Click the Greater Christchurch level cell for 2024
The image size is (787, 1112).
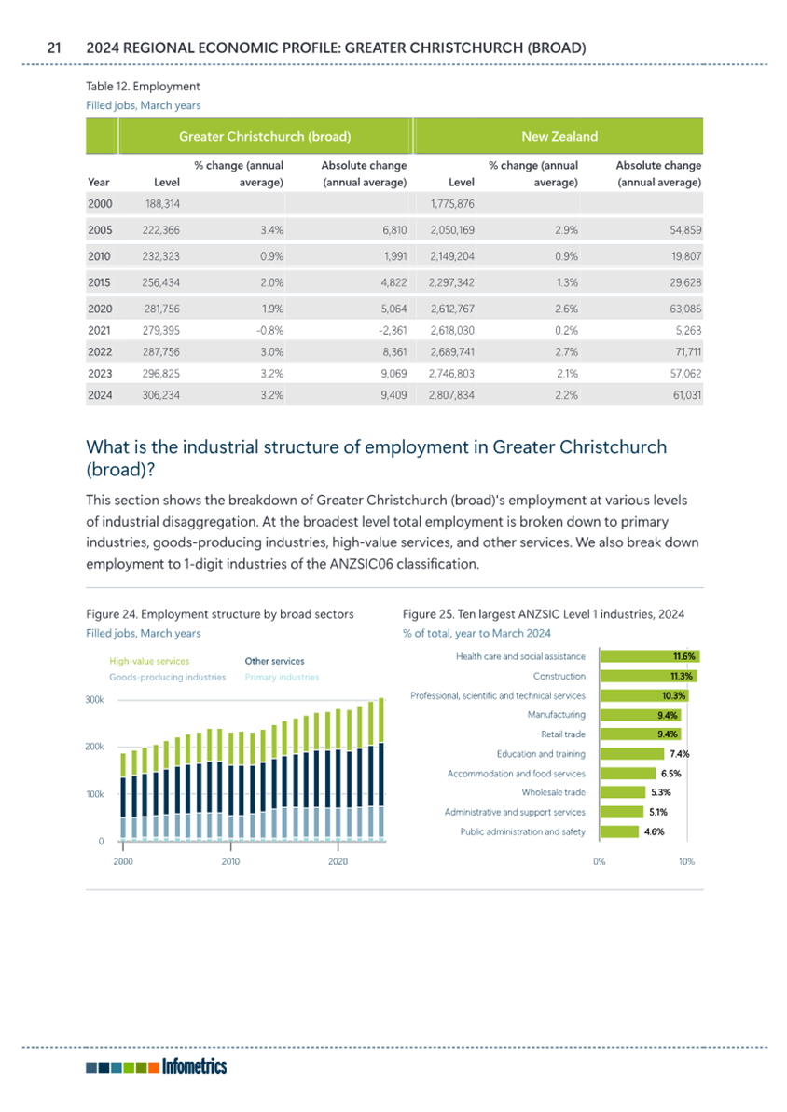pos(161,395)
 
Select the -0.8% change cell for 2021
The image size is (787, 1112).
pos(269,331)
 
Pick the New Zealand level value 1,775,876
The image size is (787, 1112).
pos(452,203)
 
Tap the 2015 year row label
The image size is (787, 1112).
pos(100,282)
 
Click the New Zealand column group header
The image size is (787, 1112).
pos(559,136)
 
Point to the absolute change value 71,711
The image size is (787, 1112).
pos(685,351)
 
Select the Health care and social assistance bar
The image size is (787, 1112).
pos(649,657)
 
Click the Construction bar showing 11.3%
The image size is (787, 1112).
pos(648,676)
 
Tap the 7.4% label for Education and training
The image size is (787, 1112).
pos(679,754)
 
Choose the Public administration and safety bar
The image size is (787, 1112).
pos(619,831)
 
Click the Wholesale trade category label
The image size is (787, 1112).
pos(554,792)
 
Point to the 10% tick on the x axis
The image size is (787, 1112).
pos(686,861)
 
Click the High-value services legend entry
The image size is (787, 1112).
pos(149,661)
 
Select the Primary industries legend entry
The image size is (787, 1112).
pos(282,678)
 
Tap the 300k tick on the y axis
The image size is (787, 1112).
pos(94,699)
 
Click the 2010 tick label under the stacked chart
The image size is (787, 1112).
pos(230,861)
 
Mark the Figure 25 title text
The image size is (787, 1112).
pos(544,614)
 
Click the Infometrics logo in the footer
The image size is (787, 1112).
pos(156,1066)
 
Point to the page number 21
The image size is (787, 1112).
pos(54,48)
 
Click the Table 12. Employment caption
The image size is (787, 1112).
pos(143,87)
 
